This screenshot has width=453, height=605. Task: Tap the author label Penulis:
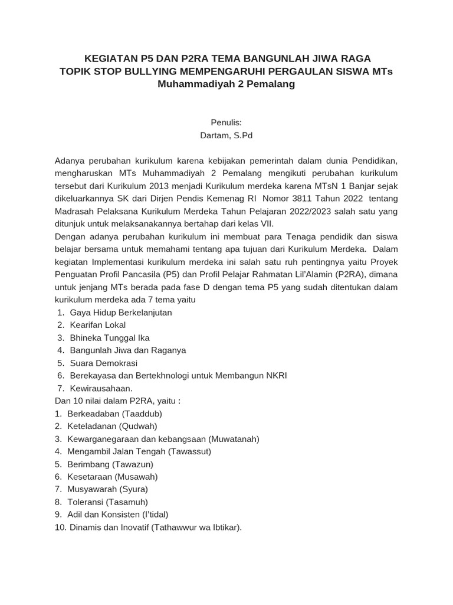pos(226,122)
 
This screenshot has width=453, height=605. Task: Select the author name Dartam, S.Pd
pos(226,135)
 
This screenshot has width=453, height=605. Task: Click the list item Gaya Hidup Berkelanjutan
pos(121,312)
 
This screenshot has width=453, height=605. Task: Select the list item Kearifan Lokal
pos(98,325)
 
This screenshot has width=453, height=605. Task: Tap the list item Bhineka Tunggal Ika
pos(110,337)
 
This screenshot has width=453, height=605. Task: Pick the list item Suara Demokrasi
pos(104,363)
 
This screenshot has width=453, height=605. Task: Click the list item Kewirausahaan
pos(101,388)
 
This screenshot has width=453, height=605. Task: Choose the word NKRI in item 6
pos(275,376)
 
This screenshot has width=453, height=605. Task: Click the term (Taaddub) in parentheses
pos(141,414)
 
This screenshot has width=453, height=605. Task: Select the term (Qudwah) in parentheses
pos(138,426)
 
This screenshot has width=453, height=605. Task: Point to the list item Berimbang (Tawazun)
pos(109,464)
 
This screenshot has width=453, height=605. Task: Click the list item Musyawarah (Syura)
pos(108,489)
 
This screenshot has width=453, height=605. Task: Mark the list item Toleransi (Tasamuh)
pos(108,502)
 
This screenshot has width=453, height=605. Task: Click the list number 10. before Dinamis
pos(60,527)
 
